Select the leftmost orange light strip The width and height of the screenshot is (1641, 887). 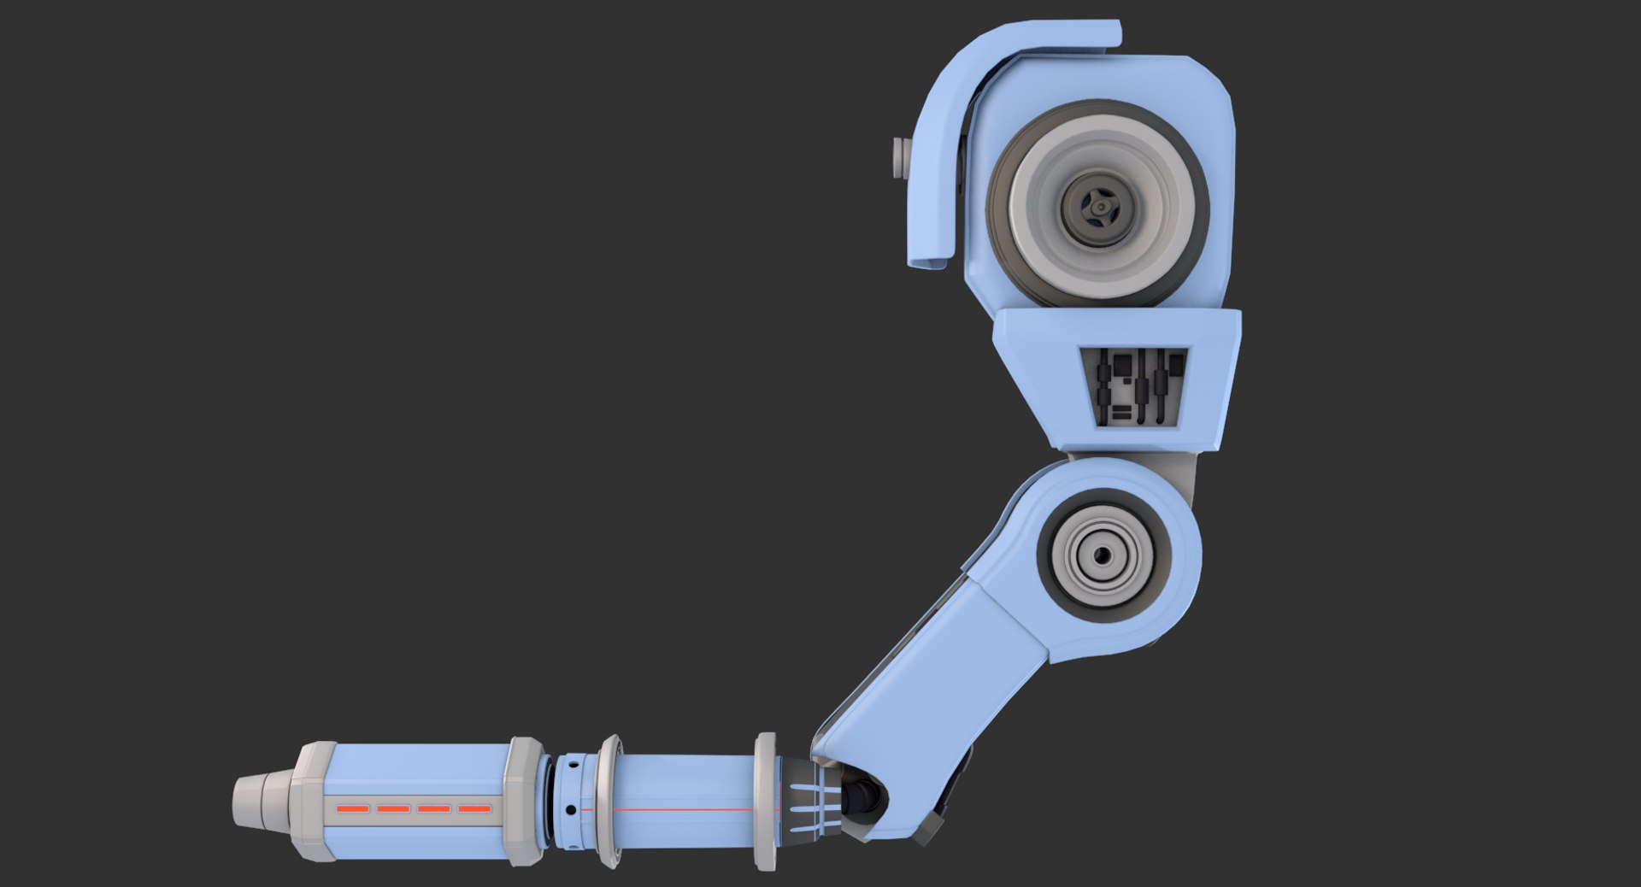tap(351, 808)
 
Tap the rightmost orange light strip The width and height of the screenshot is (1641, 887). tap(474, 808)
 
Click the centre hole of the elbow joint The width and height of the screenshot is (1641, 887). tap(1103, 555)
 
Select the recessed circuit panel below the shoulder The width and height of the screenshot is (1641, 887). tap(1134, 386)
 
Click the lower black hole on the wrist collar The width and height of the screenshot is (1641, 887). tap(570, 809)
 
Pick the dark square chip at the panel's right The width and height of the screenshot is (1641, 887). tap(1176, 366)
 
